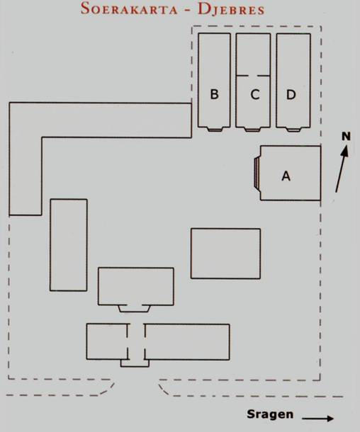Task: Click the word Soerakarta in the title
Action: click(x=129, y=8)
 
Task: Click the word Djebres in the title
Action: click(x=231, y=9)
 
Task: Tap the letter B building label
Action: click(x=215, y=94)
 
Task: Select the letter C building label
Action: click(x=255, y=94)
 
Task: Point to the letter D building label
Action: click(x=291, y=94)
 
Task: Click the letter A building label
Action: click(x=286, y=176)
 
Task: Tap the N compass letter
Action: click(x=347, y=136)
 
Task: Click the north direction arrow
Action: click(x=342, y=169)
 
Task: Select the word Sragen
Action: click(x=270, y=414)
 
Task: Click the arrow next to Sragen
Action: click(x=317, y=419)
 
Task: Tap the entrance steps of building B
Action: click(x=215, y=129)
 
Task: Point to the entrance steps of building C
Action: click(x=252, y=130)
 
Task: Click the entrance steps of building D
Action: click(x=293, y=130)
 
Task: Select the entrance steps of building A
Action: click(x=257, y=174)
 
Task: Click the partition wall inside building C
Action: click(x=253, y=76)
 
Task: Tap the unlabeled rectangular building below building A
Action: click(x=225, y=254)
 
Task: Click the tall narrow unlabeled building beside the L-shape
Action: click(x=69, y=245)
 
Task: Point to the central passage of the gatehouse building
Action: click(x=136, y=341)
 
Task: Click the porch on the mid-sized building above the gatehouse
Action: click(x=135, y=309)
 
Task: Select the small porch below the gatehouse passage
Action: click(x=135, y=363)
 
